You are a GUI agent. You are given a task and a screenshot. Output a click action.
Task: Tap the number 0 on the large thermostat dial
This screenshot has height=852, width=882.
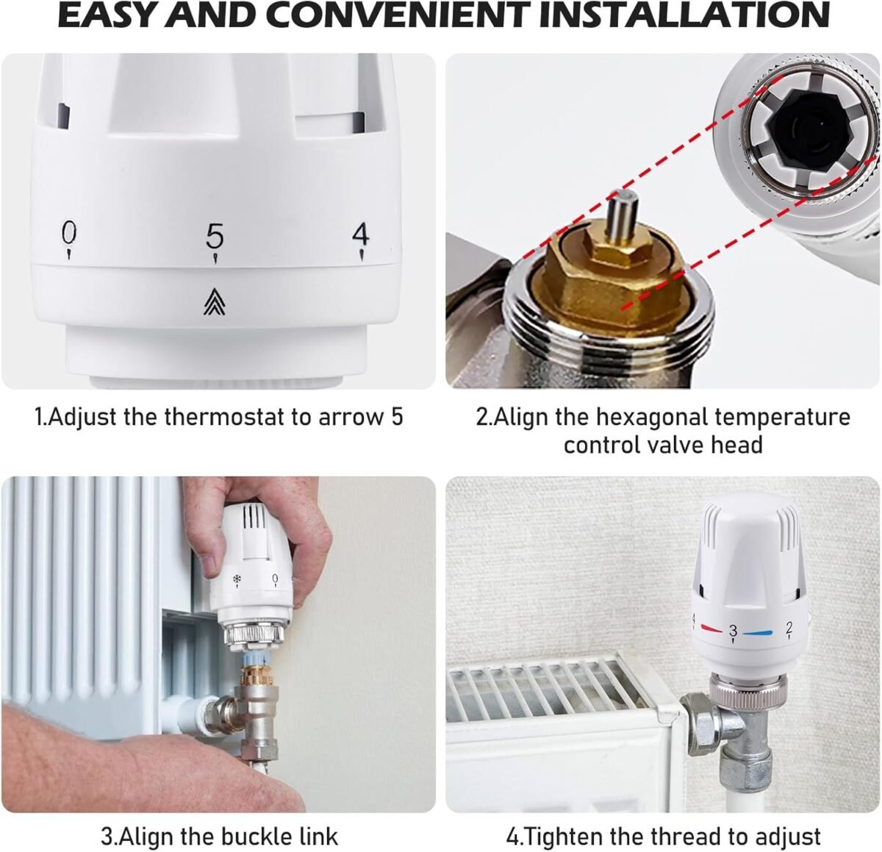point(69,232)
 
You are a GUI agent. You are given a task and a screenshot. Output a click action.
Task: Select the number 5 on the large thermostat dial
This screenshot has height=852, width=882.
point(215,236)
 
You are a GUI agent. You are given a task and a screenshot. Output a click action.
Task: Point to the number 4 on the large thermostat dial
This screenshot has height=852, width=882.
point(361,235)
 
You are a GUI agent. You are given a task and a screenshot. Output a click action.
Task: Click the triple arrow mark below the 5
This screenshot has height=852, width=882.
point(215,302)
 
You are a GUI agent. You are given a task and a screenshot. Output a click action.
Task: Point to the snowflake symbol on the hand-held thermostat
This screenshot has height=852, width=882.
point(236,579)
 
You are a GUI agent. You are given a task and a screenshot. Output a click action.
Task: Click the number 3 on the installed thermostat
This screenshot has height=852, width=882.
point(733,631)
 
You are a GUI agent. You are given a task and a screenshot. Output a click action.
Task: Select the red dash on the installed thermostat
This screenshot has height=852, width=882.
point(712,629)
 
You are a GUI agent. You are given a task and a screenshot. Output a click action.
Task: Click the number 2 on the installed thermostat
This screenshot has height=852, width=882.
point(789,627)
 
